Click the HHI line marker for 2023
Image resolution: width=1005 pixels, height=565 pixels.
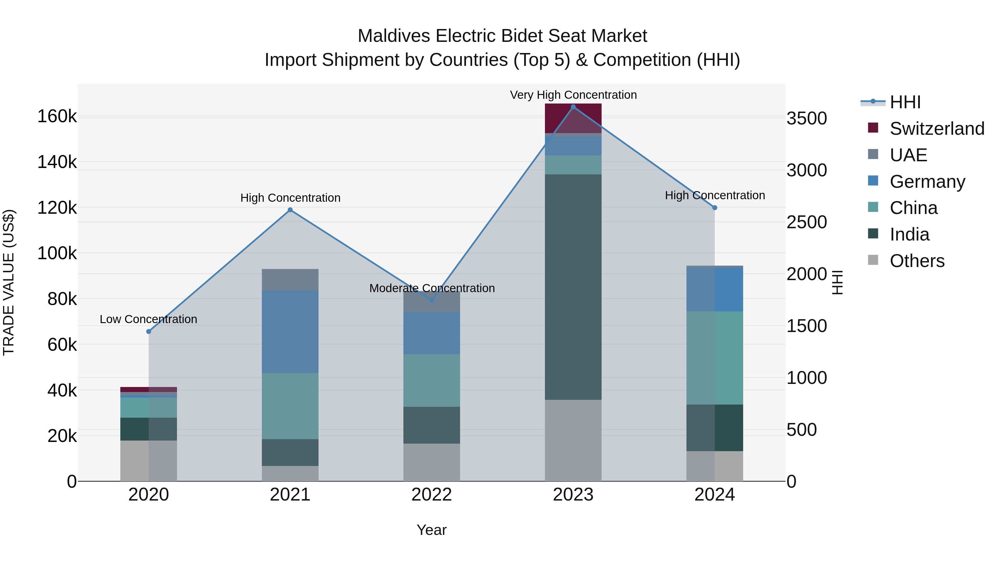(x=573, y=107)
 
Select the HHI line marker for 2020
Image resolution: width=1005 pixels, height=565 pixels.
(x=149, y=331)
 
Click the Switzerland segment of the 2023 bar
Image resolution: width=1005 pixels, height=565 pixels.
(x=573, y=118)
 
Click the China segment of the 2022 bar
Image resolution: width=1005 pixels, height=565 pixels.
(x=432, y=380)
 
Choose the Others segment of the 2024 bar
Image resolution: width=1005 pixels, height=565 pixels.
(x=714, y=466)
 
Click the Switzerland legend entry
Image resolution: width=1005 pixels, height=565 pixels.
(x=936, y=129)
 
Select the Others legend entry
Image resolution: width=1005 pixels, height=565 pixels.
(x=917, y=261)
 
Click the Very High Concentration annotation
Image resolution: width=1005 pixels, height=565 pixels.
(x=573, y=95)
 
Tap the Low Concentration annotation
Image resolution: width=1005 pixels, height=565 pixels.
(x=149, y=319)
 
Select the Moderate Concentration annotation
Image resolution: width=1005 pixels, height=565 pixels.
(x=432, y=288)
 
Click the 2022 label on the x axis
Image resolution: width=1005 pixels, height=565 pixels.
(x=432, y=494)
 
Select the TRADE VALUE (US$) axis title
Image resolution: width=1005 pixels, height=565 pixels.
(x=9, y=282)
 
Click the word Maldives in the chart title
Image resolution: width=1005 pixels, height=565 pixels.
(x=394, y=36)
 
